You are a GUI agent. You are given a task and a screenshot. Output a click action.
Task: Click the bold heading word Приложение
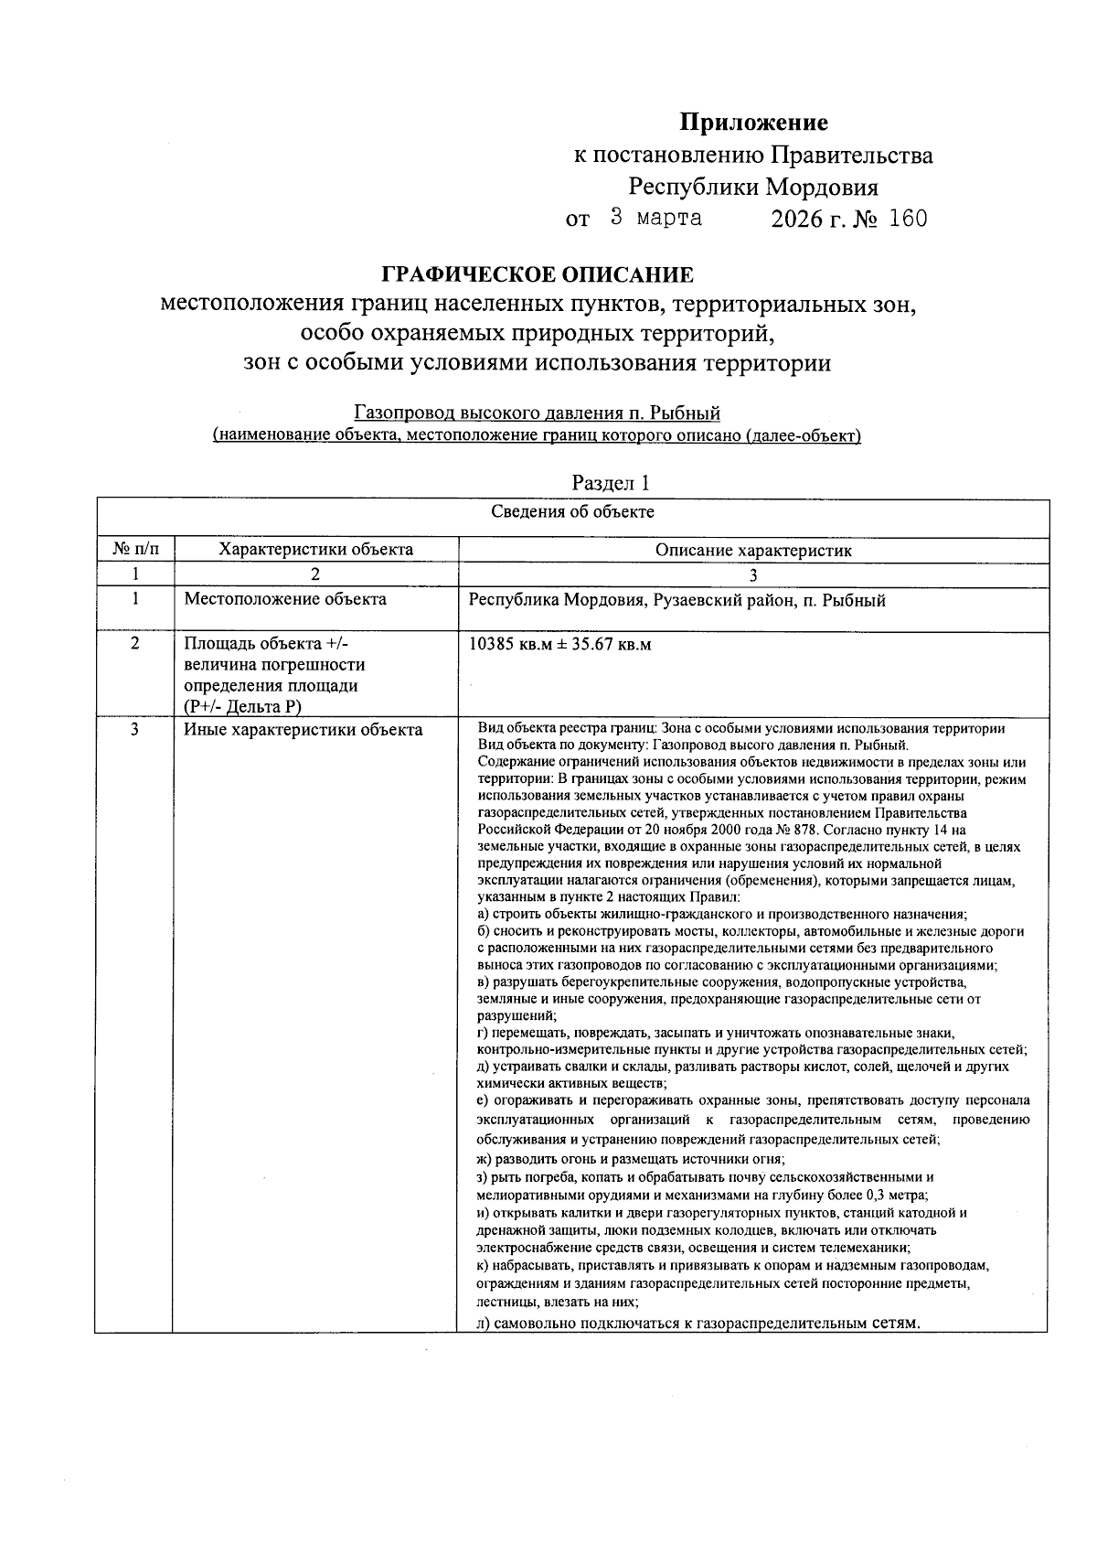click(753, 122)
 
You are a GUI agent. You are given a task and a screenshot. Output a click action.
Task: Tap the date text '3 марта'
click(655, 218)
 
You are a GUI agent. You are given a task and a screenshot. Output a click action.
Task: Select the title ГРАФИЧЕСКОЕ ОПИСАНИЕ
click(537, 274)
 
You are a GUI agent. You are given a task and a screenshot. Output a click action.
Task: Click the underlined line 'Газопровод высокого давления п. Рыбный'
click(537, 413)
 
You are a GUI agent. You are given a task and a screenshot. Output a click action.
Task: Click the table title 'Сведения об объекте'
click(572, 511)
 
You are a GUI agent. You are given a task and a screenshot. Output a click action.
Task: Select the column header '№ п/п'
click(134, 550)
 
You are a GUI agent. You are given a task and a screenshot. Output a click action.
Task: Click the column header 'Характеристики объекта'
click(315, 550)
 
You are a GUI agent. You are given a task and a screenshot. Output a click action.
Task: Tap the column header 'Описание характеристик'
click(752, 551)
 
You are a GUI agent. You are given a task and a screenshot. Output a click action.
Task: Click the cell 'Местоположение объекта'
click(285, 600)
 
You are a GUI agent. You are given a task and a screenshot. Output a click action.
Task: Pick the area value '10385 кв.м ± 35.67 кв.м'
click(559, 644)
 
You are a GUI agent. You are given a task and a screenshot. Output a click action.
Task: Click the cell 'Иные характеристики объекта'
click(303, 730)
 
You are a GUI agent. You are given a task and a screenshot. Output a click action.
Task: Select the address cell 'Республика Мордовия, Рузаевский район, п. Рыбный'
click(676, 601)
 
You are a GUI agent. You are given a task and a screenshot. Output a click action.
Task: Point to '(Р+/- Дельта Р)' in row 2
click(241, 706)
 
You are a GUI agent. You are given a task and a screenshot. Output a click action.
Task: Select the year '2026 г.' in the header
click(808, 219)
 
